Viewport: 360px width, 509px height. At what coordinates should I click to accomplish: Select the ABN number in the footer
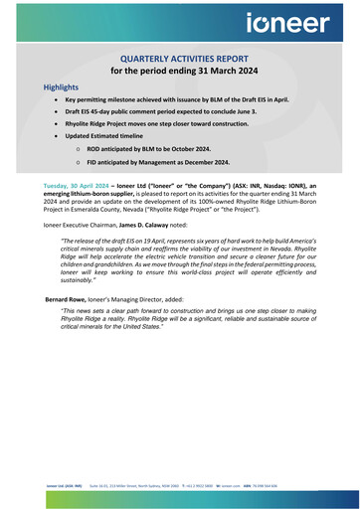280,487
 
